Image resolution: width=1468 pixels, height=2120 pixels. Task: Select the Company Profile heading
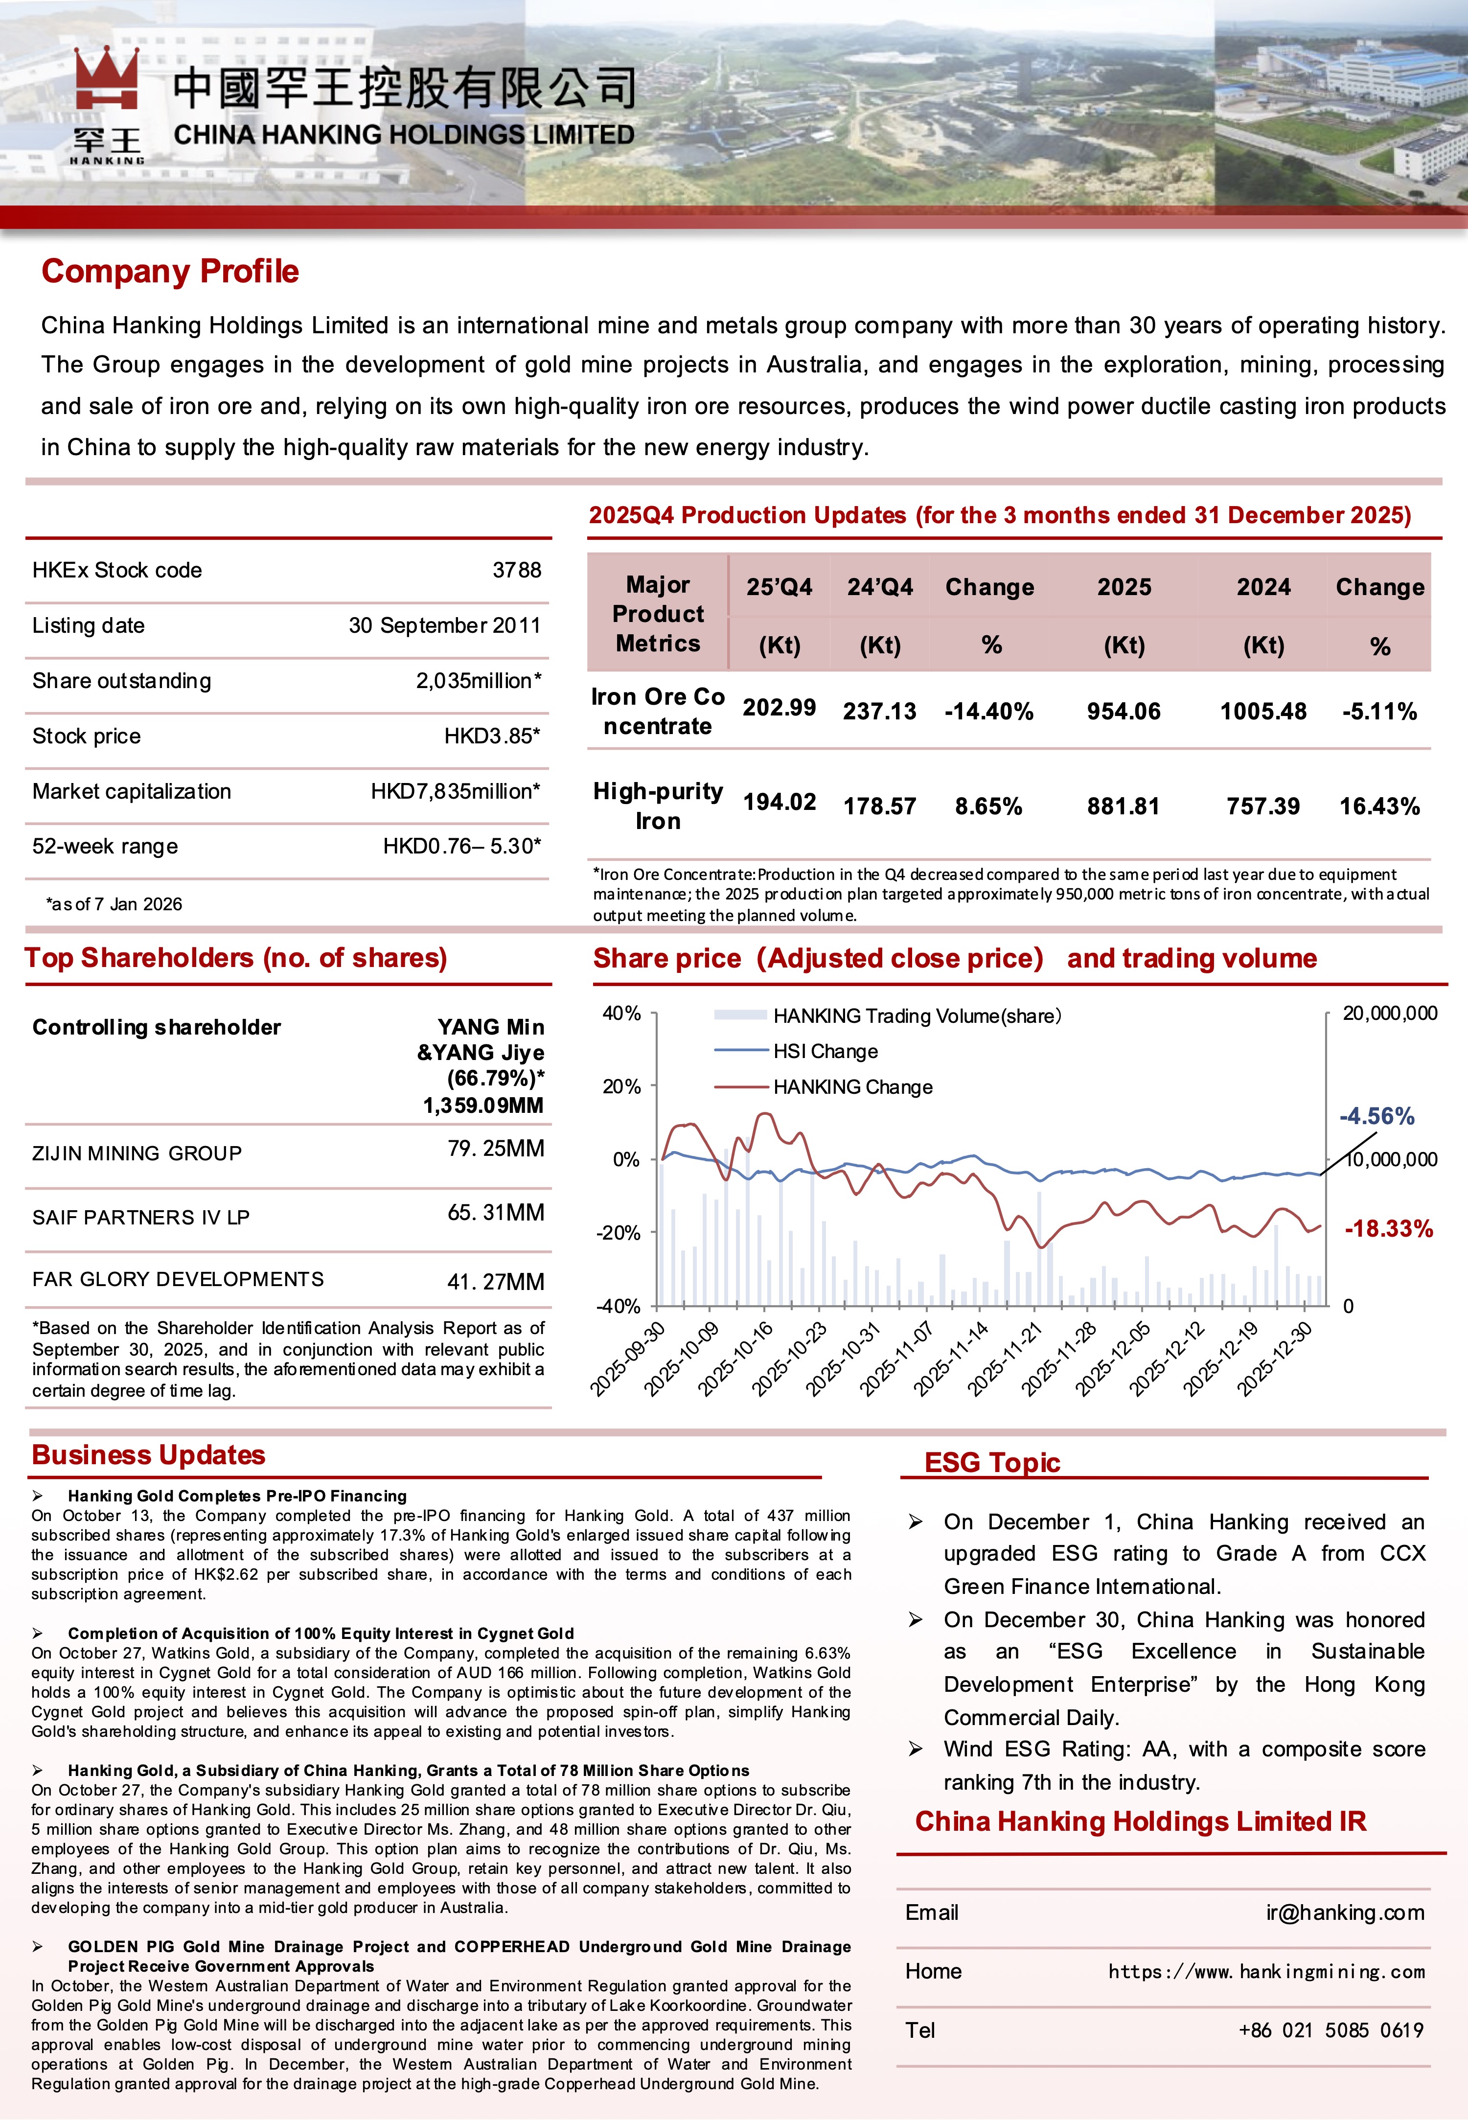tap(170, 271)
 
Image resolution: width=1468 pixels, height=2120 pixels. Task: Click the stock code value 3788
tap(516, 570)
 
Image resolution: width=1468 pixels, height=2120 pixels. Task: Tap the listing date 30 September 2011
tap(444, 625)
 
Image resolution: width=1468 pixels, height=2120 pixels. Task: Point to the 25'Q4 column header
tap(779, 587)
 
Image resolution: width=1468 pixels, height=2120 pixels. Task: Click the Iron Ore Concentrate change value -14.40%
tap(989, 711)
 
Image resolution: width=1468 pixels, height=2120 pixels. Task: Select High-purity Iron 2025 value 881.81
tap(1123, 807)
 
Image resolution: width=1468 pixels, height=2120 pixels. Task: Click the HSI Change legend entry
tap(825, 1051)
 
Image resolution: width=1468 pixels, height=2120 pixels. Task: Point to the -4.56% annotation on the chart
tap(1376, 1117)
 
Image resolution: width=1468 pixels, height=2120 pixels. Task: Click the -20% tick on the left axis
tap(621, 1232)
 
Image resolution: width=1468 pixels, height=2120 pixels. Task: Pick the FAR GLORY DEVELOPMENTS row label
tap(178, 1279)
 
